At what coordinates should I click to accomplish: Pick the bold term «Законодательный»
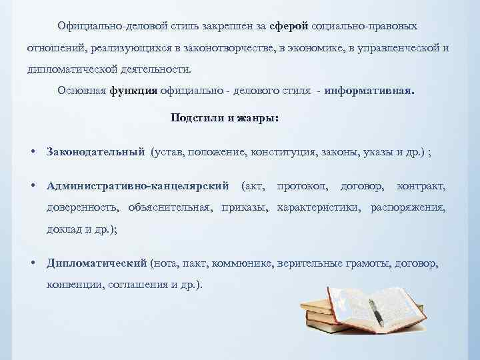pos(96,151)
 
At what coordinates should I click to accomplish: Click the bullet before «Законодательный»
pos(33,151)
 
